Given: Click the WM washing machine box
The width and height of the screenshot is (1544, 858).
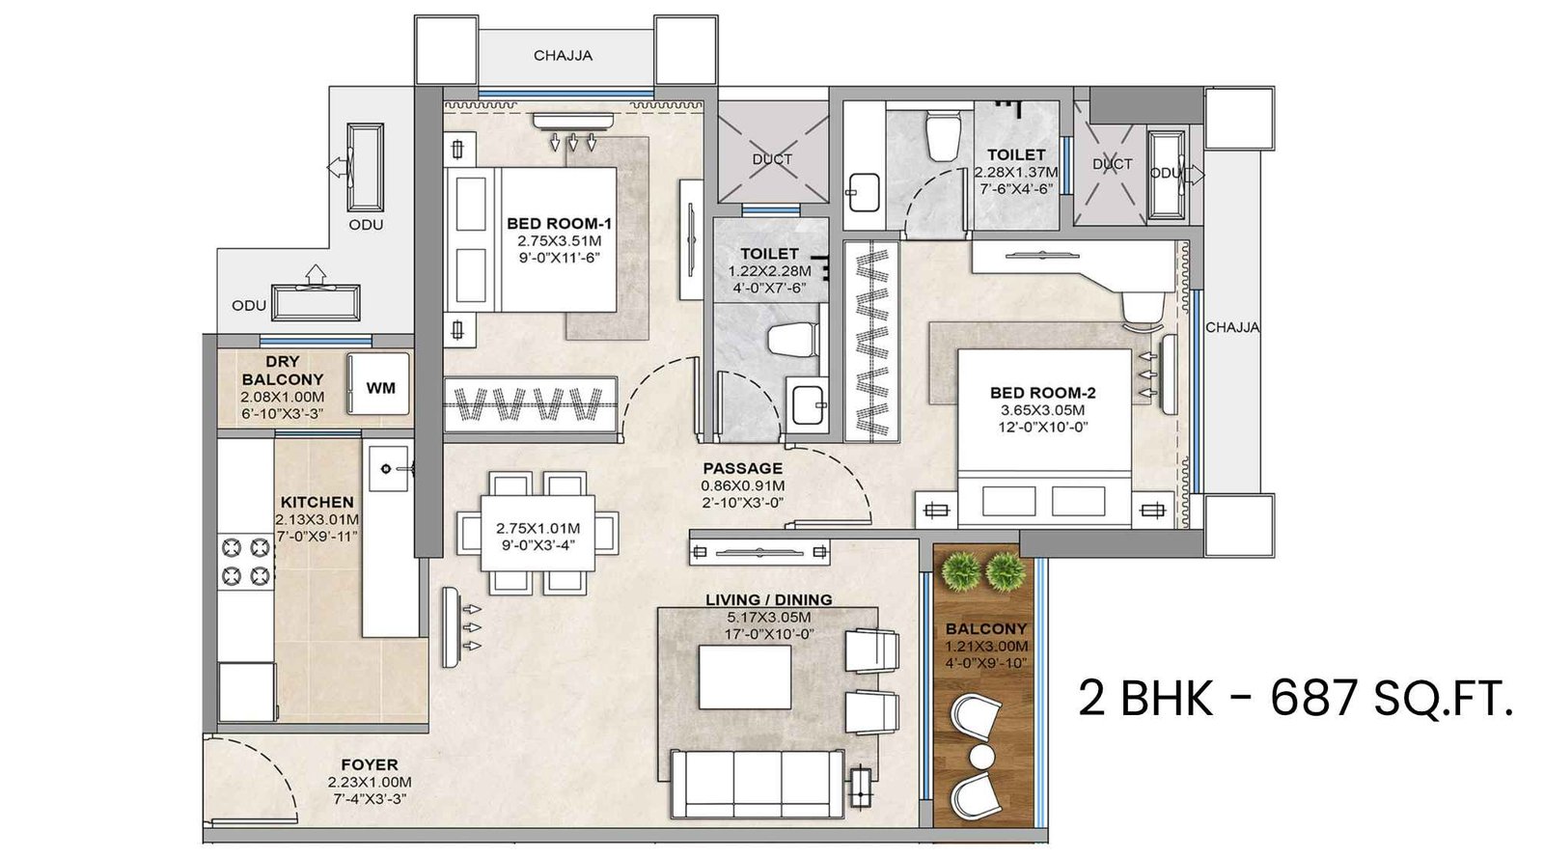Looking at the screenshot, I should [380, 388].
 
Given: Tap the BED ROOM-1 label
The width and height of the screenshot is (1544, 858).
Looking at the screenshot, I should [559, 223].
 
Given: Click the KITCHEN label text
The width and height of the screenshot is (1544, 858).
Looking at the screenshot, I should [317, 502].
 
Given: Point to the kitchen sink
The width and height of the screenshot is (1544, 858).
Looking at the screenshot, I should [389, 469].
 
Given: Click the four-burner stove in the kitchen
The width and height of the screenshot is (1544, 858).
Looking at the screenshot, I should [245, 562].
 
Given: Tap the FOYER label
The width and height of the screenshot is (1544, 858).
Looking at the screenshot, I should [370, 764].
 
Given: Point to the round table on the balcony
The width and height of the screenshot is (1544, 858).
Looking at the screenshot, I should [983, 756].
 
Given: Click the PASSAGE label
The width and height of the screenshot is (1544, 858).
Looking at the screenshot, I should [742, 468].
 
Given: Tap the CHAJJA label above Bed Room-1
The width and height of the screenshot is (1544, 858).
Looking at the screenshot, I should [563, 56].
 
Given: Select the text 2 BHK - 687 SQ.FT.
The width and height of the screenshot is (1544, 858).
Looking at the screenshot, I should [1294, 697].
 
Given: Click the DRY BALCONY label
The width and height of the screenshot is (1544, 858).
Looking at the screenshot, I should [282, 371].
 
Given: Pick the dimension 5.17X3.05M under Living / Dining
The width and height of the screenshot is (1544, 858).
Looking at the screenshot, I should [769, 618].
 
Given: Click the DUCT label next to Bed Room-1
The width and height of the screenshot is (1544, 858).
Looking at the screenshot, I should [772, 159].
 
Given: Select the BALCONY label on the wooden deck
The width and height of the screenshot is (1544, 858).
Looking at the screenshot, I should [986, 628].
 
